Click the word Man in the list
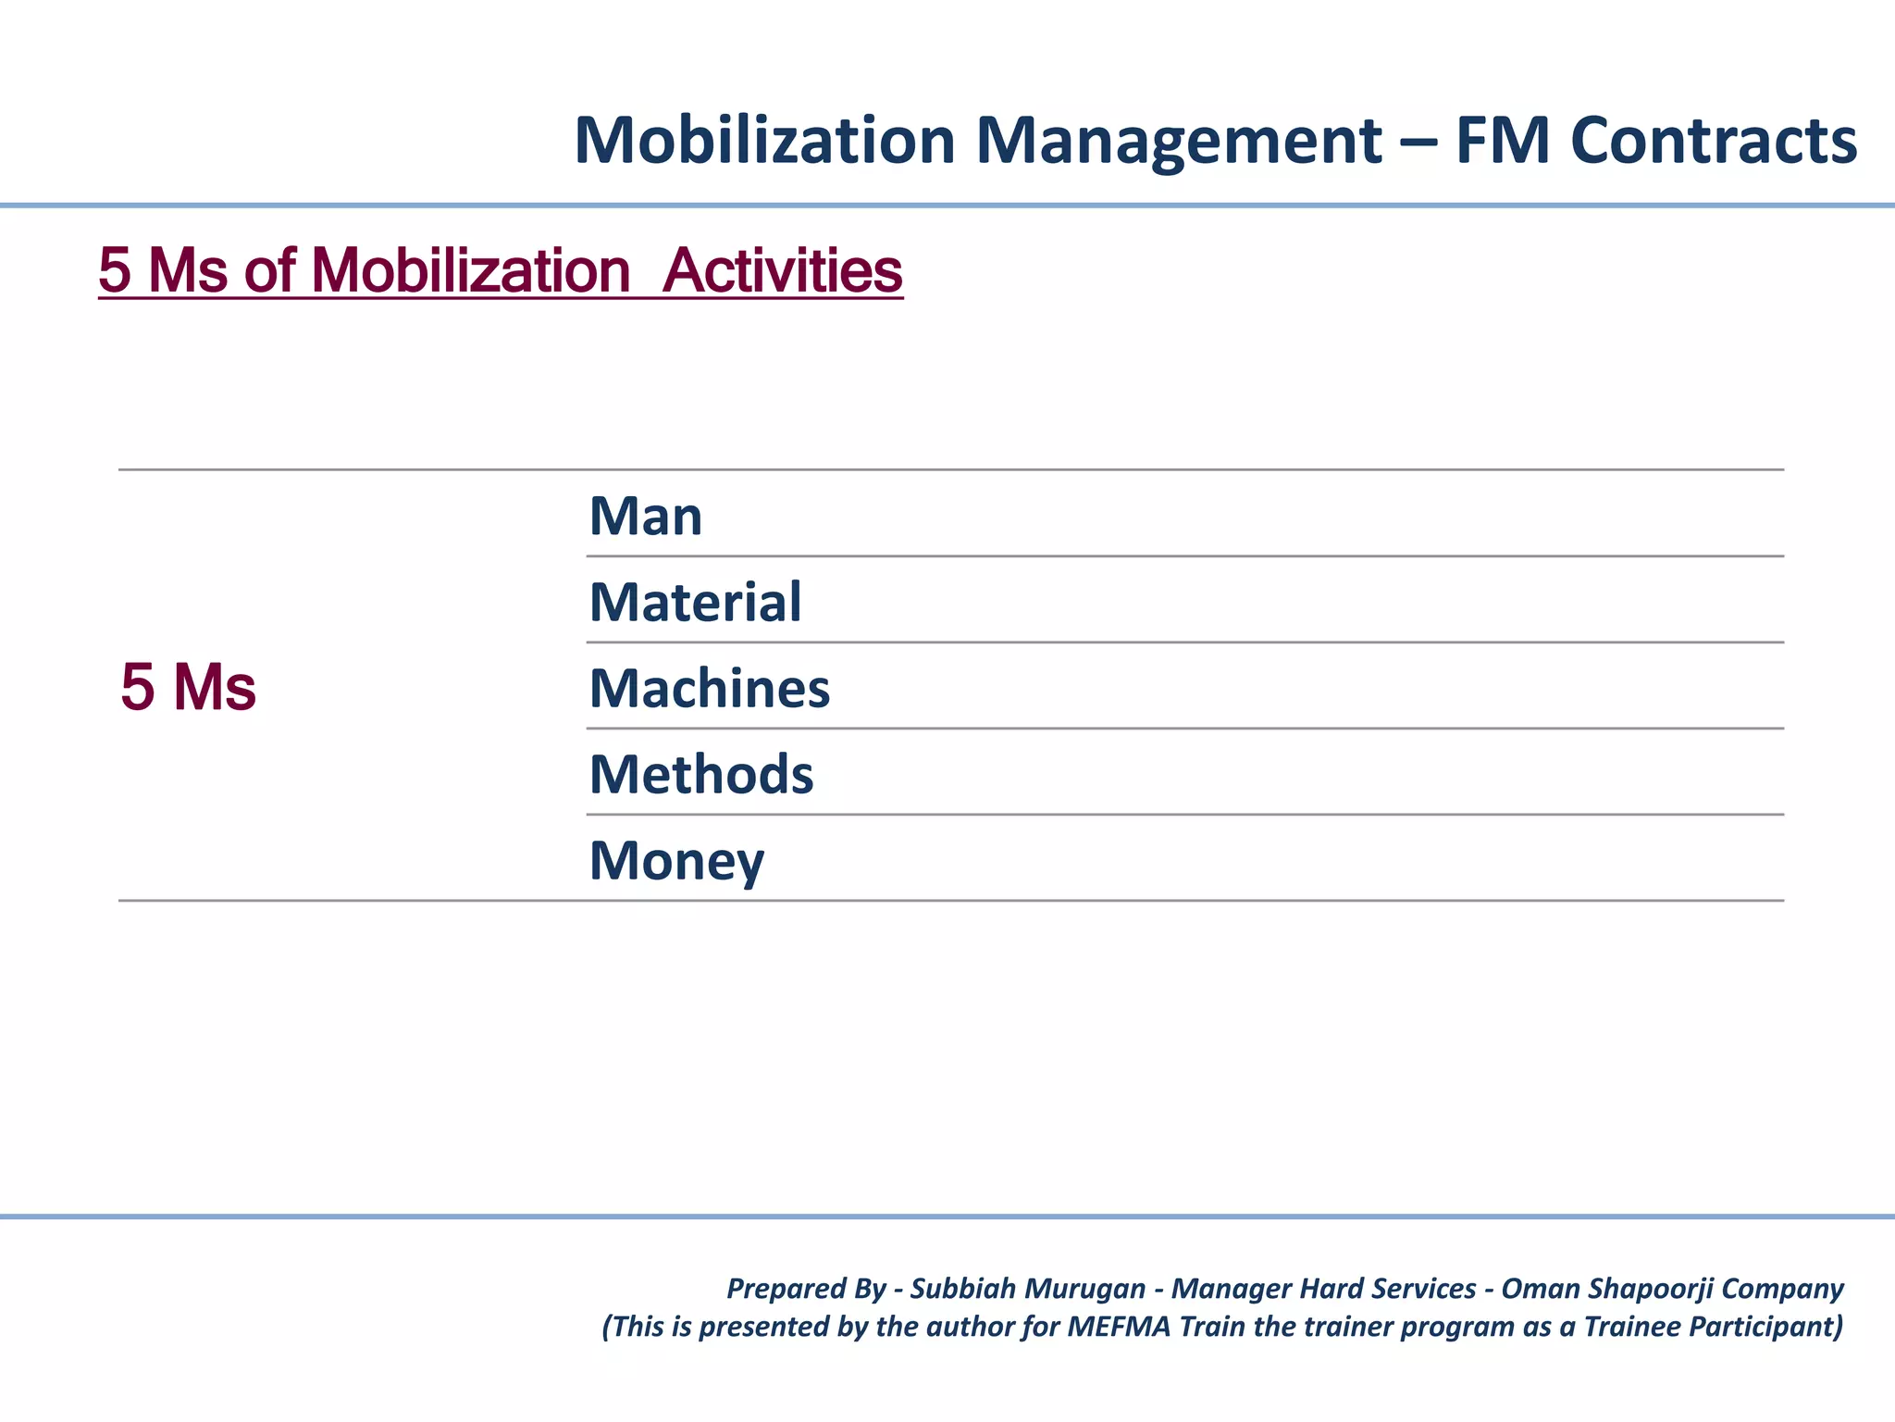[646, 517]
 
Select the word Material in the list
[696, 603]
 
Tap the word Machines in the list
[710, 689]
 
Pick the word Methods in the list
[701, 775]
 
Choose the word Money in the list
[676, 861]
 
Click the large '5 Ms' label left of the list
[188, 688]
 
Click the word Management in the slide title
[1179, 141]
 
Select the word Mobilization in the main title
[764, 141]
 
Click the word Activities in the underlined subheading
[782, 271]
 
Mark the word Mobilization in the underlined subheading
[471, 271]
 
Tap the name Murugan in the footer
[1086, 1289]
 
